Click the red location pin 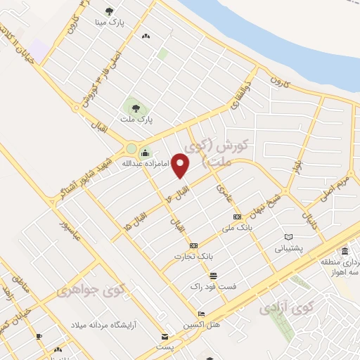(x=181, y=166)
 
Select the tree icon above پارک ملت (x=135, y=108)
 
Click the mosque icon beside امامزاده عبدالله (x=145, y=154)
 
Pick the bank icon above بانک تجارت (x=193, y=245)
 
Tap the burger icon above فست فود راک (x=213, y=275)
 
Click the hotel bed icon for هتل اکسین (x=202, y=314)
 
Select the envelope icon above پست (x=165, y=337)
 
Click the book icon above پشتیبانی (x=289, y=237)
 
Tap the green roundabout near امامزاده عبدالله (x=131, y=148)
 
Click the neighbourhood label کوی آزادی (x=287, y=308)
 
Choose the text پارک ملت (x=135, y=120)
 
